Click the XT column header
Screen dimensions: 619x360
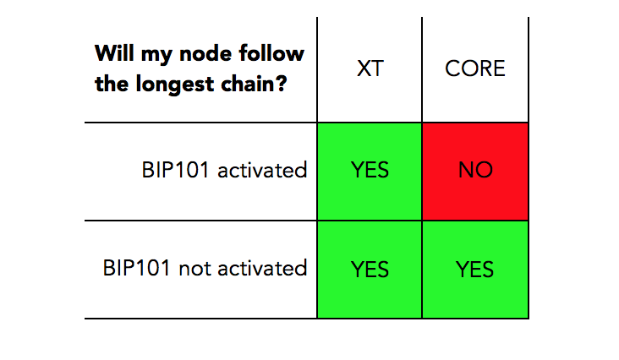click(x=370, y=68)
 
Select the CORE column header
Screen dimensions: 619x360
click(x=475, y=68)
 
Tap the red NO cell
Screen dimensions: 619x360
click(x=475, y=172)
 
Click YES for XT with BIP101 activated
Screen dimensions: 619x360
click(x=370, y=170)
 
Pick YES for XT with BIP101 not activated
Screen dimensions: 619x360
click(x=370, y=270)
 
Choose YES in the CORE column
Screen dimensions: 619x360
click(x=474, y=270)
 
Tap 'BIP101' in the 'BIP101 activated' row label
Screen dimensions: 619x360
click(x=175, y=171)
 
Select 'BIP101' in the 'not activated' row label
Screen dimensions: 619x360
click(x=137, y=268)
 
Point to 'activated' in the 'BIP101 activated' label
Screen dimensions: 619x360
click(x=262, y=171)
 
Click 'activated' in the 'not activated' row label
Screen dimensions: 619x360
click(x=262, y=268)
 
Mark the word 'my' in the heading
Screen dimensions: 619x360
click(x=156, y=56)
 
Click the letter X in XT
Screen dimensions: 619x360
click(x=363, y=68)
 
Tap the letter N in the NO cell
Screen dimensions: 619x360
click(x=466, y=170)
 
